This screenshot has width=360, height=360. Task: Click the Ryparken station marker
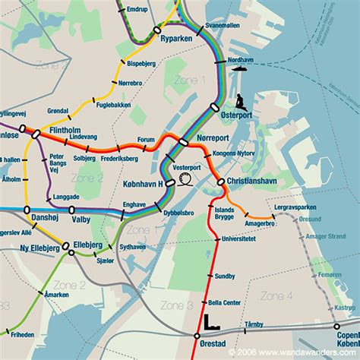(157, 29)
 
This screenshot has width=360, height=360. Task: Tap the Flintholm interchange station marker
(35, 133)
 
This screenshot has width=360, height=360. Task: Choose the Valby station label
(81, 217)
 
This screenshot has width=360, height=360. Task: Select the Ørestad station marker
(197, 335)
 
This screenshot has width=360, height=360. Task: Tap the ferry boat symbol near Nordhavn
(242, 68)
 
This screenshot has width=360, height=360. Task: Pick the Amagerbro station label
(261, 223)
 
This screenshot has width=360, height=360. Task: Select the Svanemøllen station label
(223, 25)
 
